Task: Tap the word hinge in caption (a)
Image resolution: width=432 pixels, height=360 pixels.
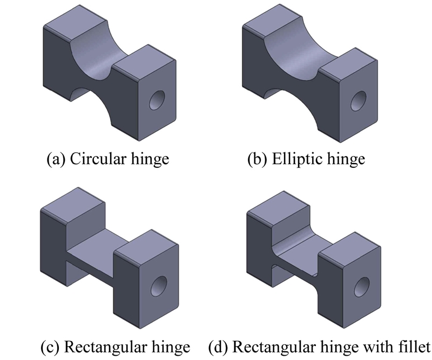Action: coord(148,160)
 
